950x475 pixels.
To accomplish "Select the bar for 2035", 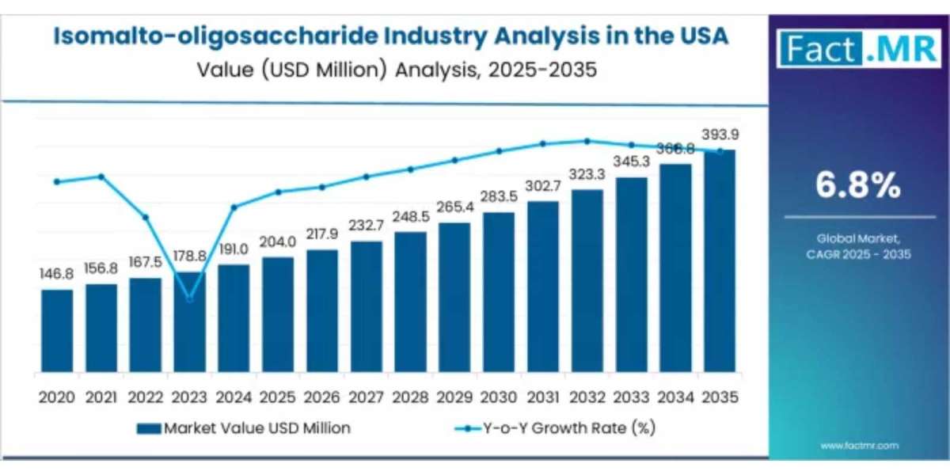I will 720,261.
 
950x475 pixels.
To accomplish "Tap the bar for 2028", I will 410,302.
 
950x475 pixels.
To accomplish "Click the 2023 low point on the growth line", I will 189,298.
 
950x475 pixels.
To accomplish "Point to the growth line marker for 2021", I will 101,176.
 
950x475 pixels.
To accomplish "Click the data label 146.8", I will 57,274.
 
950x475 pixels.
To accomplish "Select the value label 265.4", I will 454,207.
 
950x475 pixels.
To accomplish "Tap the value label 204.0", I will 278,241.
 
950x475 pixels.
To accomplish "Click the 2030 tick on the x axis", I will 499,396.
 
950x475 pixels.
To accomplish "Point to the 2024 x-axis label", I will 234,396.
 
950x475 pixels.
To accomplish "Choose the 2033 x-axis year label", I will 631,396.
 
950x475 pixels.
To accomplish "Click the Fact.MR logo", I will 858,49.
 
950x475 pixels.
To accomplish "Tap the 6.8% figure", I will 858,186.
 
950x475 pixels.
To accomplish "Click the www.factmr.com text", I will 859,446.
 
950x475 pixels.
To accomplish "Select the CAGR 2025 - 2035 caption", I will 859,255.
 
